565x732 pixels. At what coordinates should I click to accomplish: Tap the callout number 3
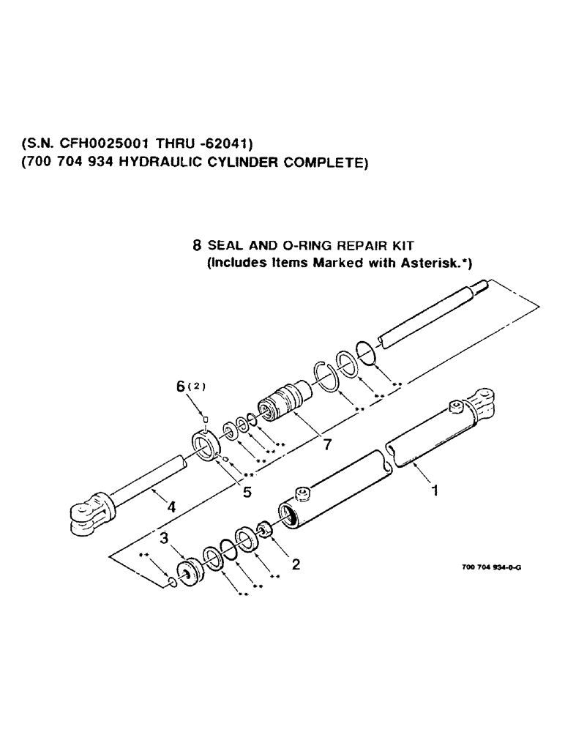click(x=165, y=539)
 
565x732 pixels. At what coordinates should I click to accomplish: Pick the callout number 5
click(x=247, y=493)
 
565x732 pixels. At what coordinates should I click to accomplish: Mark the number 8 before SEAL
click(x=197, y=248)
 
